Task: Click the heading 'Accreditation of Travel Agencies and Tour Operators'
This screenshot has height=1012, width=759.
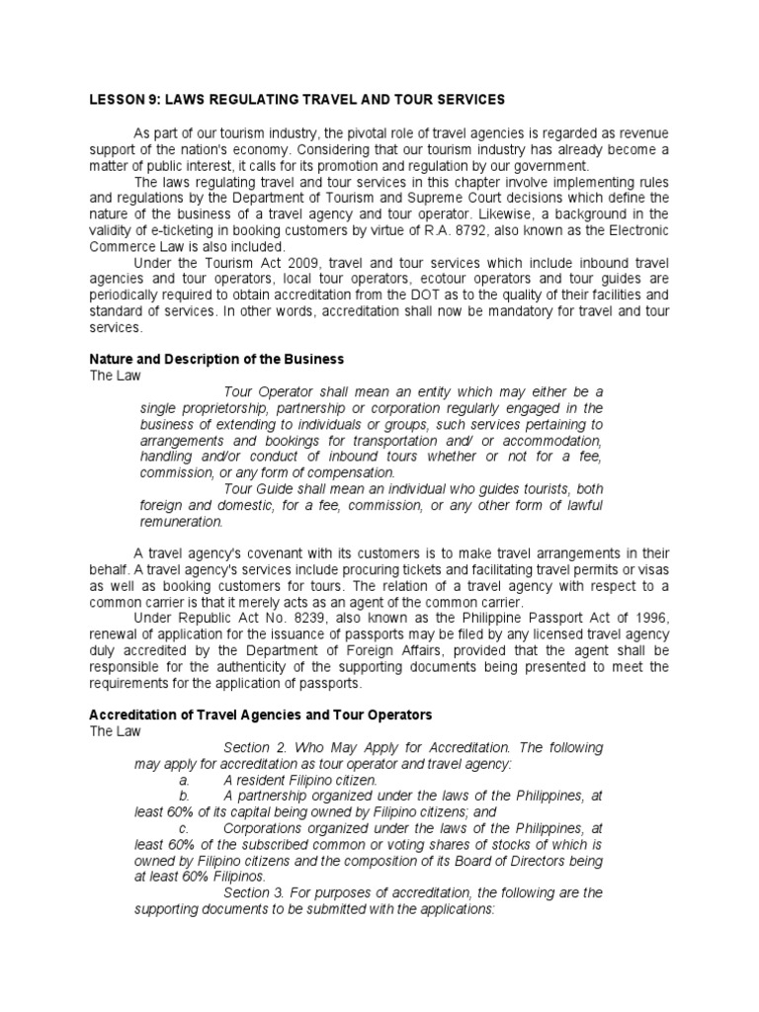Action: (261, 715)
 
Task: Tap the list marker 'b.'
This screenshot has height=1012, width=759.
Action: (184, 796)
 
